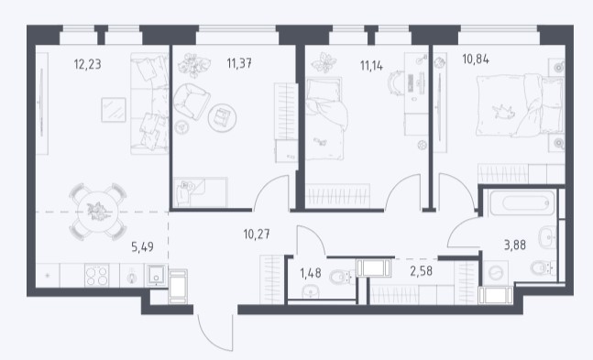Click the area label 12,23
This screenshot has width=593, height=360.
[87, 64]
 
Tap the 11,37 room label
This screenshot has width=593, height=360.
[239, 63]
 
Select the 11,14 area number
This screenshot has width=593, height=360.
[371, 66]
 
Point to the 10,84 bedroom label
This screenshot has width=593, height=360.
[476, 59]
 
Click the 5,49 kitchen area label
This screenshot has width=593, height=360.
[142, 247]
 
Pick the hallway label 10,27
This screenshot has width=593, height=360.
[257, 235]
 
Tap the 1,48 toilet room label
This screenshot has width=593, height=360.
[311, 273]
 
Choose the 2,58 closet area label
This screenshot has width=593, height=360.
[421, 271]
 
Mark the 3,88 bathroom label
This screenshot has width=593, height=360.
[515, 245]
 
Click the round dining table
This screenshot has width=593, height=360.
[97, 212]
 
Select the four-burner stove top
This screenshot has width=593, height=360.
[97, 275]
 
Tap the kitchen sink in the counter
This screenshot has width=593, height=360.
[156, 275]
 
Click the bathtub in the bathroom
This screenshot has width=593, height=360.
[522, 203]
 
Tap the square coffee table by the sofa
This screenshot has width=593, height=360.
[114, 110]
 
